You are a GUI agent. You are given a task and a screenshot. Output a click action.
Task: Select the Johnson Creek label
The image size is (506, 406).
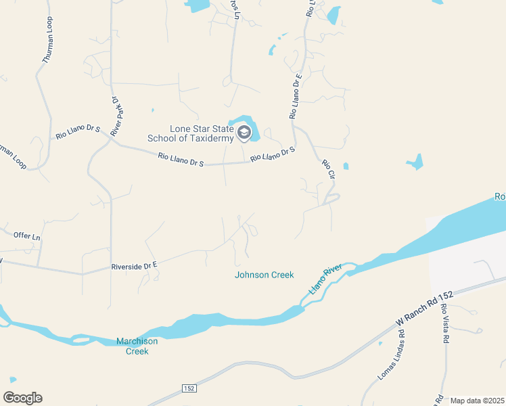pos(264,275)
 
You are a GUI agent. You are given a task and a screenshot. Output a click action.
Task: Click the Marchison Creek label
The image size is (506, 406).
pos(137,346)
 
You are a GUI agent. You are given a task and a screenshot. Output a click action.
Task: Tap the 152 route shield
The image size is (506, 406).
pos(189,388)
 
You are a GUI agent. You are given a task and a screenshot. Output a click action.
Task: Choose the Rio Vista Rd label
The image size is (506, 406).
pos(444,326)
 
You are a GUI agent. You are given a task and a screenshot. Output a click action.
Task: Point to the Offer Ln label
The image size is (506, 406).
pos(27,235)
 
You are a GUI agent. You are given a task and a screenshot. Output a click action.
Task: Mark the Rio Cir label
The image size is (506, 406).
pos(328,169)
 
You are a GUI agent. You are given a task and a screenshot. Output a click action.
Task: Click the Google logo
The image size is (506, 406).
pos(22,398)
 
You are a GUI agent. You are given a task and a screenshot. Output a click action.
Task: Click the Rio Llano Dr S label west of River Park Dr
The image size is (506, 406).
pos(78,131)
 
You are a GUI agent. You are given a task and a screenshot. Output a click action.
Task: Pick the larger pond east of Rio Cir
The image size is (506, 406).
pos(415,162)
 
